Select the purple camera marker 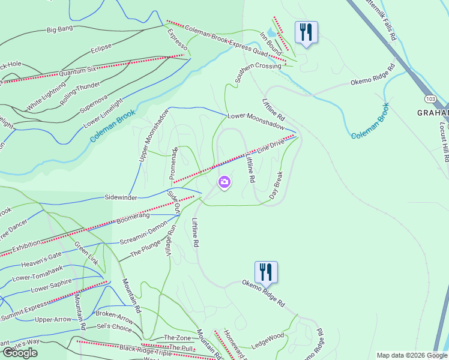pos(224,182)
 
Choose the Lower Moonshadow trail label pos(255,121)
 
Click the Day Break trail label pos(276,185)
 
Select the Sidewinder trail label pos(121,197)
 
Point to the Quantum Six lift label pos(77,71)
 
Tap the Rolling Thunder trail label pos(80,94)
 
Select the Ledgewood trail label pos(268,340)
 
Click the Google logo pos(20,353)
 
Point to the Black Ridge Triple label pos(142,349)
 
